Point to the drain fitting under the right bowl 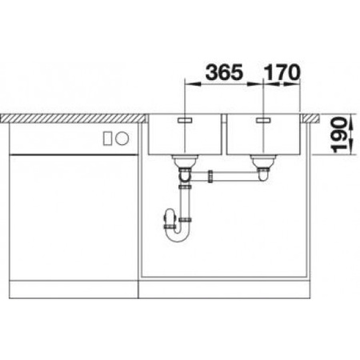[261, 164]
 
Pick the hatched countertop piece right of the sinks [312, 117]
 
